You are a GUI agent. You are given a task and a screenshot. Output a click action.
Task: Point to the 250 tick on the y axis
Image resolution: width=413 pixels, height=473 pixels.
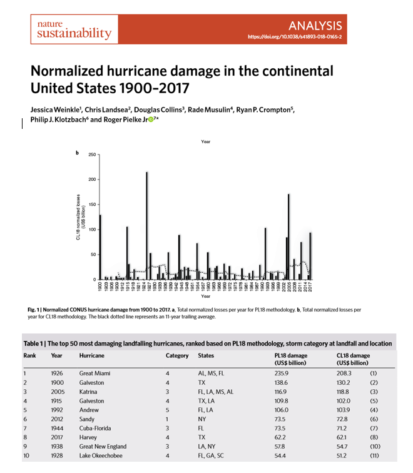[91, 155]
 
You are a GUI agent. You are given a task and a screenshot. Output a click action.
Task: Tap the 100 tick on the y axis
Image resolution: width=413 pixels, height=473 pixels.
[91, 230]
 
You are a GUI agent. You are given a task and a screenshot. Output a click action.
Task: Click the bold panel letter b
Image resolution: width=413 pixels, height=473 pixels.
[77, 153]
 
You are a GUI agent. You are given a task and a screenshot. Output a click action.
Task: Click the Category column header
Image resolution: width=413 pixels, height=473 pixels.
[177, 355]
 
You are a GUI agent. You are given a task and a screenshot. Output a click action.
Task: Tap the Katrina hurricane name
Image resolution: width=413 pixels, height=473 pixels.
[89, 391]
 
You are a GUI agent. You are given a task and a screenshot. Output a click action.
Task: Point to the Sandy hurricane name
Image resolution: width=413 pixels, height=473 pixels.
[87, 419]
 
